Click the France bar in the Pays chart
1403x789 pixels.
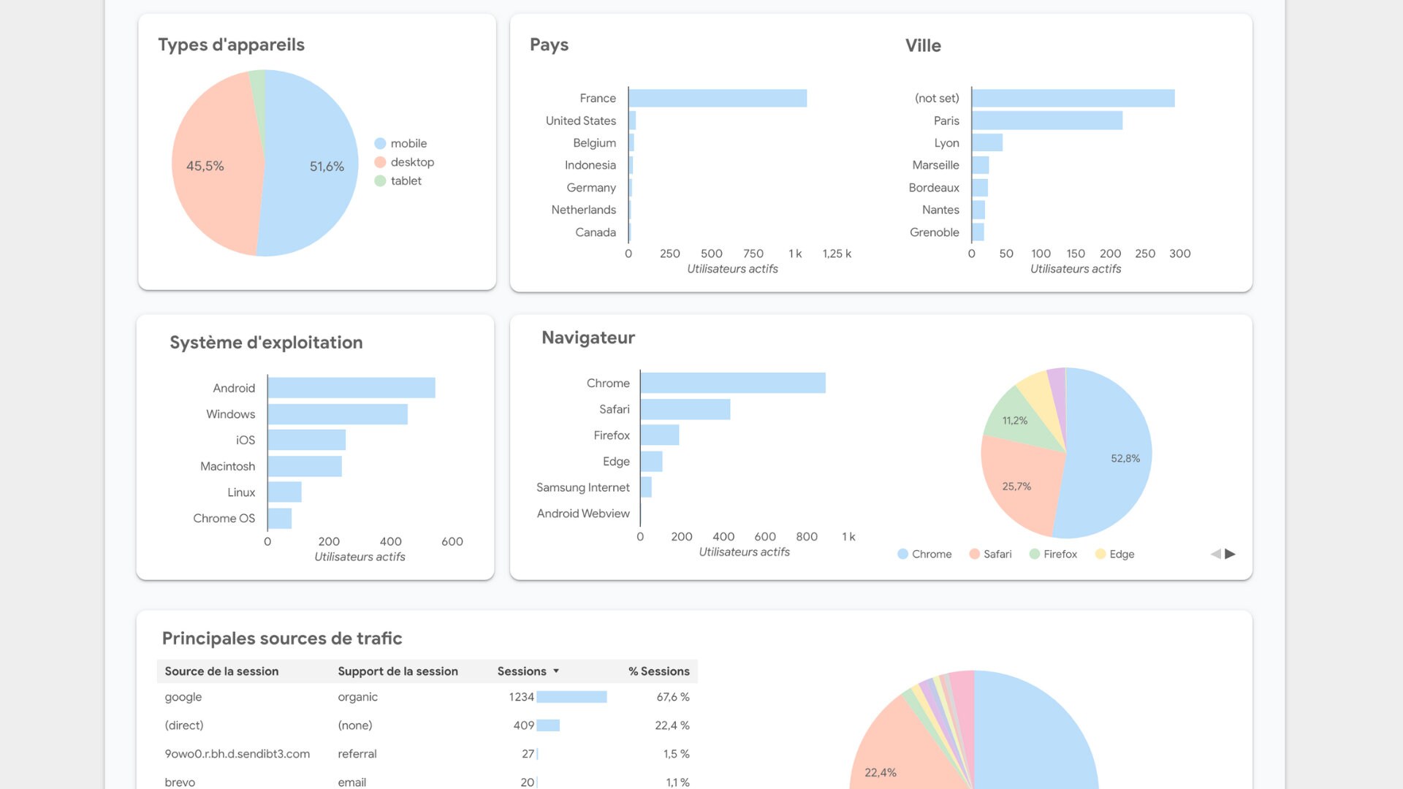[x=718, y=98]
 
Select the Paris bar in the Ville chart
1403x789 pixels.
[x=1046, y=121]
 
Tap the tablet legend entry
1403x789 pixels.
[x=405, y=180]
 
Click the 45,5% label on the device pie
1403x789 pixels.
[x=205, y=166]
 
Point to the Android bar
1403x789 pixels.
[x=351, y=388]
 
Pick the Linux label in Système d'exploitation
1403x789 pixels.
[x=241, y=492]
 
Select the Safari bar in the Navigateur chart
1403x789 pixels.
[x=685, y=409]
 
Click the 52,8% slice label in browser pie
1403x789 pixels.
[x=1125, y=458]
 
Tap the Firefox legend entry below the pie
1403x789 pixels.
[x=1059, y=554]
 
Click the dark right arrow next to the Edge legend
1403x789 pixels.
[x=1231, y=554]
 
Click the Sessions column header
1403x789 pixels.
[x=522, y=671]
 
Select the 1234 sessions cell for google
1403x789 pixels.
[x=521, y=697]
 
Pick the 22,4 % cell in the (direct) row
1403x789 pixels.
[x=672, y=725]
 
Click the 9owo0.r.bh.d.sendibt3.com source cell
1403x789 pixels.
[x=237, y=754]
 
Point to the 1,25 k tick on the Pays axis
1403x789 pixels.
[x=837, y=254]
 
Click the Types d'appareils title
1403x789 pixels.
[x=231, y=45]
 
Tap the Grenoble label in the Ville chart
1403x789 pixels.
[x=934, y=232]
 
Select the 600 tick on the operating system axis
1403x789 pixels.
[x=452, y=541]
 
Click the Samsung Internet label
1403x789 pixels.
[x=582, y=487]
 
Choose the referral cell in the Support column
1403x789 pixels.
[x=357, y=754]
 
